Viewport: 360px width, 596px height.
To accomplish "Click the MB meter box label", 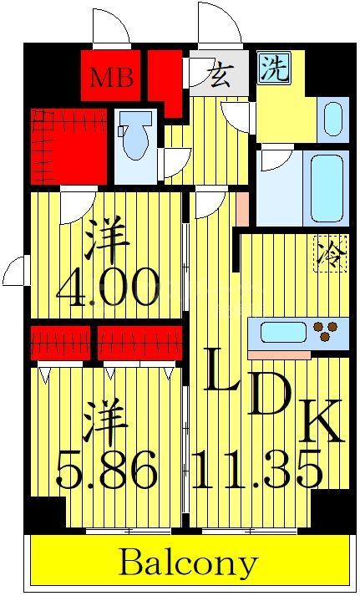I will point(112,79).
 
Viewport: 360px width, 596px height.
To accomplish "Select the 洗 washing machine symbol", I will point(274,68).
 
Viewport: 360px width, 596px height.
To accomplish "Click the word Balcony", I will point(188,563).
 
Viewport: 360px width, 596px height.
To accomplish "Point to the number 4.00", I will point(107,289).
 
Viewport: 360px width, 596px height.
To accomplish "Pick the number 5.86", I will point(106,471).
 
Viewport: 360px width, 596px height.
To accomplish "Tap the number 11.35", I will point(256,471).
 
